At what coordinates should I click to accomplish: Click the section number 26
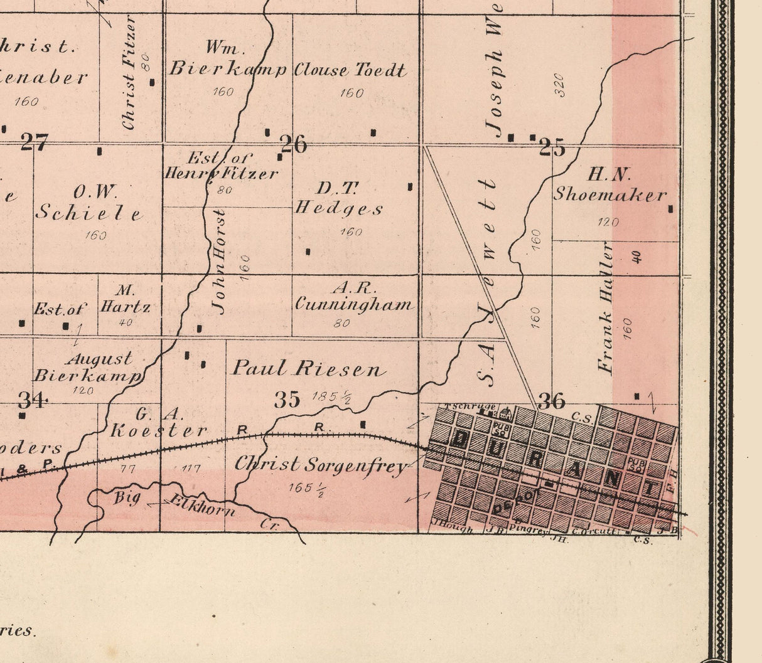coord(294,144)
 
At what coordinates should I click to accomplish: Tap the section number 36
coord(552,401)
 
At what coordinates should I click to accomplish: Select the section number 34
coord(32,399)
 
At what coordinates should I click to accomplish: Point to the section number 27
coord(34,142)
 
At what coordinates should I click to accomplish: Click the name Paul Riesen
coord(308,368)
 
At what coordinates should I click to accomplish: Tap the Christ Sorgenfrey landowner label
coord(321,465)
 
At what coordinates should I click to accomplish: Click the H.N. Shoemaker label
coord(609,185)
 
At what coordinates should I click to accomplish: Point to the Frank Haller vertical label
coord(606,307)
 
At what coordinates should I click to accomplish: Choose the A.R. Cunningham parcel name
coord(354,297)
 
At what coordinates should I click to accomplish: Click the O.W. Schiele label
coord(89,202)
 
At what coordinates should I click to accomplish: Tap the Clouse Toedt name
coord(350,70)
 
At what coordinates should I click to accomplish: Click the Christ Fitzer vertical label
coord(129,73)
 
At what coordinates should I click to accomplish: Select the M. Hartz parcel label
coord(126,299)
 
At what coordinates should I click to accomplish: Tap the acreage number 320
coord(559,85)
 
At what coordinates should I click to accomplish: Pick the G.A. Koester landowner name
coord(158,423)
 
